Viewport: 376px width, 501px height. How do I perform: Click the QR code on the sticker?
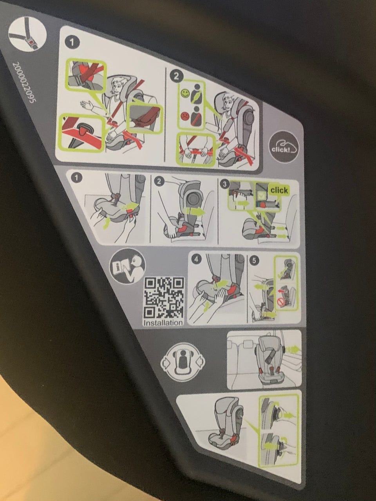pyautogui.click(x=164, y=298)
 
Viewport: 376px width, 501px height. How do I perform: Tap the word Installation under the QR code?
pyautogui.click(x=163, y=322)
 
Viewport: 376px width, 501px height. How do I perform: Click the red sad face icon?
pyautogui.click(x=184, y=116)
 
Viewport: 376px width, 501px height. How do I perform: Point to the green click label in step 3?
pyautogui.click(x=279, y=190)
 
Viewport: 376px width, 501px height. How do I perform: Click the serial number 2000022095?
pyautogui.click(x=24, y=83)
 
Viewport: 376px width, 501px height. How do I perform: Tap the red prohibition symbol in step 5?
pyautogui.click(x=280, y=303)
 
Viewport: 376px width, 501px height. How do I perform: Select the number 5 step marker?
pyautogui.click(x=254, y=260)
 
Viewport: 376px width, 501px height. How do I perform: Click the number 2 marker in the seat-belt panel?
pyautogui.click(x=176, y=76)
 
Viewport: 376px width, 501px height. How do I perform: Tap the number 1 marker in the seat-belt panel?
pyautogui.click(x=72, y=43)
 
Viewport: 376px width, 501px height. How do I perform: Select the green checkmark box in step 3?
pyautogui.click(x=260, y=195)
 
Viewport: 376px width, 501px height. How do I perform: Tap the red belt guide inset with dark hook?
pyautogui.click(x=82, y=133)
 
